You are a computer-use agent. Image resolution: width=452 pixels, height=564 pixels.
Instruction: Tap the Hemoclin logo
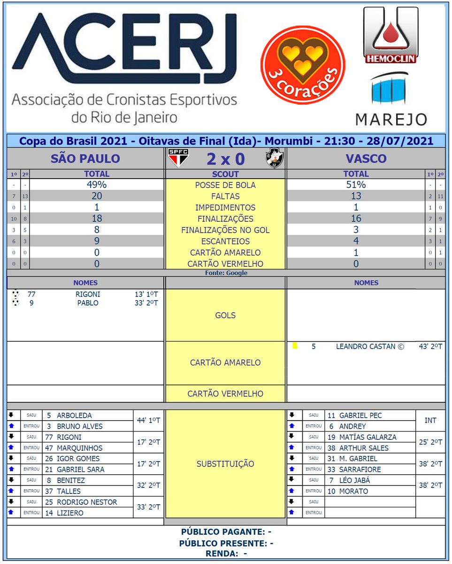click(391, 35)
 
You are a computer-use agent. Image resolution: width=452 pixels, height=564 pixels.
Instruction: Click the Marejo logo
click(391, 99)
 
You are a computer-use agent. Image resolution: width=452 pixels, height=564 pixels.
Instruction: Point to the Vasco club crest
click(274, 158)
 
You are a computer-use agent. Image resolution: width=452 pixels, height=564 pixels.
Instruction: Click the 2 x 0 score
click(225, 159)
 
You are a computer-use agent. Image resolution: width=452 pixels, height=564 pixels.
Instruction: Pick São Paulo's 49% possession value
click(97, 185)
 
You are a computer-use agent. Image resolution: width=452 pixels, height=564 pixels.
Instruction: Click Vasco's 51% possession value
click(356, 185)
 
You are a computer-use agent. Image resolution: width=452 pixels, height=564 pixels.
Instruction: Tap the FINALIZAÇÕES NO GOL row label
click(225, 230)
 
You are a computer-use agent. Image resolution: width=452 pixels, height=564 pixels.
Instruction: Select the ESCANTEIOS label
click(225, 242)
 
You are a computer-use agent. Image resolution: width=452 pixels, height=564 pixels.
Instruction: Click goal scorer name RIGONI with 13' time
click(88, 294)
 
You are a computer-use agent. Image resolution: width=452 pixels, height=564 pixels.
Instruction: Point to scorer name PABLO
click(88, 303)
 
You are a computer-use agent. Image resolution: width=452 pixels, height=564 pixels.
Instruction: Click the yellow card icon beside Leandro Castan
click(295, 346)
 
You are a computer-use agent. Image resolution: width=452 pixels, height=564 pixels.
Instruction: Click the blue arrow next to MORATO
click(291, 491)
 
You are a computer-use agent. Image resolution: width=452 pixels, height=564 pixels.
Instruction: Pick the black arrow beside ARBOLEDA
click(11, 415)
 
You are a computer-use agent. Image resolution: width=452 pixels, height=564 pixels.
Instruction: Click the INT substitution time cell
click(430, 421)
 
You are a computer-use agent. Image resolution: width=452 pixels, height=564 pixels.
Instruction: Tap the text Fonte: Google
click(226, 273)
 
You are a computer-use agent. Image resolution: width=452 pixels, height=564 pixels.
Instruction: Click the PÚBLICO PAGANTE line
click(226, 532)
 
